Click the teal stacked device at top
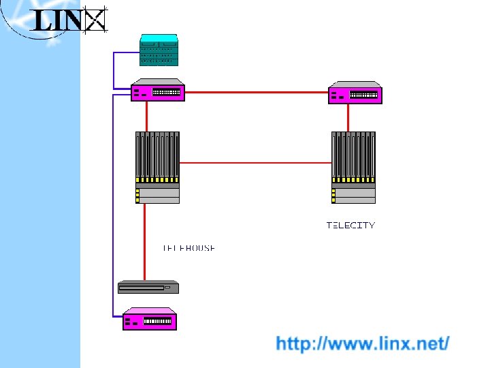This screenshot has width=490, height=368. pyautogui.click(x=159, y=50)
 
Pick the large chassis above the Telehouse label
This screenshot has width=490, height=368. pyautogui.click(x=157, y=167)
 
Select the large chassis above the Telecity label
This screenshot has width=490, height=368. pyautogui.click(x=353, y=167)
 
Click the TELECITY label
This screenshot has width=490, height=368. pyautogui.click(x=350, y=225)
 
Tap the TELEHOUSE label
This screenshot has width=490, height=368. pyautogui.click(x=189, y=248)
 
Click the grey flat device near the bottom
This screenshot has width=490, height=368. pyautogui.click(x=148, y=287)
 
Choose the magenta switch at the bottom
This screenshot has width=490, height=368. pyautogui.click(x=149, y=319)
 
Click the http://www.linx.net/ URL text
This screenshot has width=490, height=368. pyautogui.click(x=362, y=343)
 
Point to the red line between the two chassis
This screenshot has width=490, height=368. pyautogui.click(x=255, y=163)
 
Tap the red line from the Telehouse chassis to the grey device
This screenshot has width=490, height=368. pyautogui.click(x=144, y=242)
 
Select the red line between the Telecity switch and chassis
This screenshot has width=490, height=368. pyautogui.click(x=348, y=117)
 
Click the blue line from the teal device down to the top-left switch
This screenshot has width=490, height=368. pyautogui.click(x=114, y=68)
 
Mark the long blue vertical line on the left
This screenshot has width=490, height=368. pyautogui.click(x=112, y=204)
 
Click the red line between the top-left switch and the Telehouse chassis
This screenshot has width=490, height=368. pyautogui.click(x=147, y=116)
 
